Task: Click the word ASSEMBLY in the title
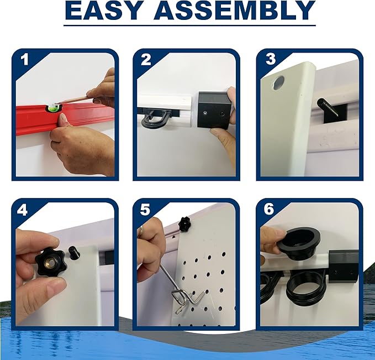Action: [x=235, y=11]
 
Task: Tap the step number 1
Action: [x=25, y=60]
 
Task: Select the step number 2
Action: [x=146, y=60]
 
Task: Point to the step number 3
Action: [x=271, y=59]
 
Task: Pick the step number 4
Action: [x=22, y=210]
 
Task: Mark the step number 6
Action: [x=269, y=208]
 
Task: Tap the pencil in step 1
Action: [x=73, y=100]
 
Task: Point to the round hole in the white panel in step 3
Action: [x=279, y=82]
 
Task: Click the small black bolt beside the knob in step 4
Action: [x=73, y=253]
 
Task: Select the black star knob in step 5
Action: [x=184, y=224]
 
